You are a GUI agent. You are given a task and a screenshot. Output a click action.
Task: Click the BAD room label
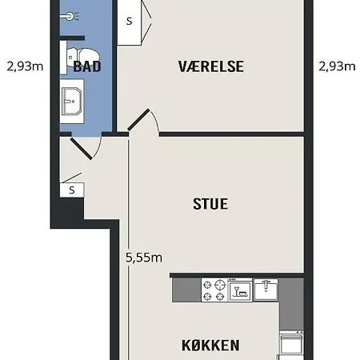[87, 66]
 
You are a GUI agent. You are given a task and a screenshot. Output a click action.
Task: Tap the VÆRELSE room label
[211, 66]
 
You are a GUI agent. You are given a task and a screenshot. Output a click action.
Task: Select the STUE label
[210, 204]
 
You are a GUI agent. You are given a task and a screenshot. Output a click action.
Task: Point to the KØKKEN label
[210, 346]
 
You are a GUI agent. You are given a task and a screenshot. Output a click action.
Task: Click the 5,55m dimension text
[144, 258]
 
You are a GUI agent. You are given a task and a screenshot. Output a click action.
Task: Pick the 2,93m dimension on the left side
[25, 66]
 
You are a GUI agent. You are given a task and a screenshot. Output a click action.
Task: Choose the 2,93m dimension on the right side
[337, 66]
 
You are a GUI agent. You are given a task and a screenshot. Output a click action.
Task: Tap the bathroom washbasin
[72, 102]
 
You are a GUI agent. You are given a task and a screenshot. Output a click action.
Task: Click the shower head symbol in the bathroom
[70, 16]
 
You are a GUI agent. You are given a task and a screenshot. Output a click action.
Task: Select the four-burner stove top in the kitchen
[214, 290]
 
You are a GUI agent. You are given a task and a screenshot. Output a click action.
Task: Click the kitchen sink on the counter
[266, 290]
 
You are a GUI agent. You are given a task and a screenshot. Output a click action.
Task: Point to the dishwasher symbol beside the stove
[240, 290]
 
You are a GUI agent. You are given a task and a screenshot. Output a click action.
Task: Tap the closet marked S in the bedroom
[130, 22]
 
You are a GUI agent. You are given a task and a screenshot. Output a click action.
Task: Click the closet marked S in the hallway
[72, 190]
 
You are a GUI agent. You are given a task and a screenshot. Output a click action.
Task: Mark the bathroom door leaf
[82, 149]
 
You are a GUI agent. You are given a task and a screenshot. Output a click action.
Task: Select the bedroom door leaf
[138, 119]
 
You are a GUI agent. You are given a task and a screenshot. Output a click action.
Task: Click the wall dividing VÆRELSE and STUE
[231, 134]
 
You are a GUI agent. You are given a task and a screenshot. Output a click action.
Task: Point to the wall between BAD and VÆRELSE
[114, 66]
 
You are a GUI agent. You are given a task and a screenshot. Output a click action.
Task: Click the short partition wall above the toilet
[72, 38]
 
